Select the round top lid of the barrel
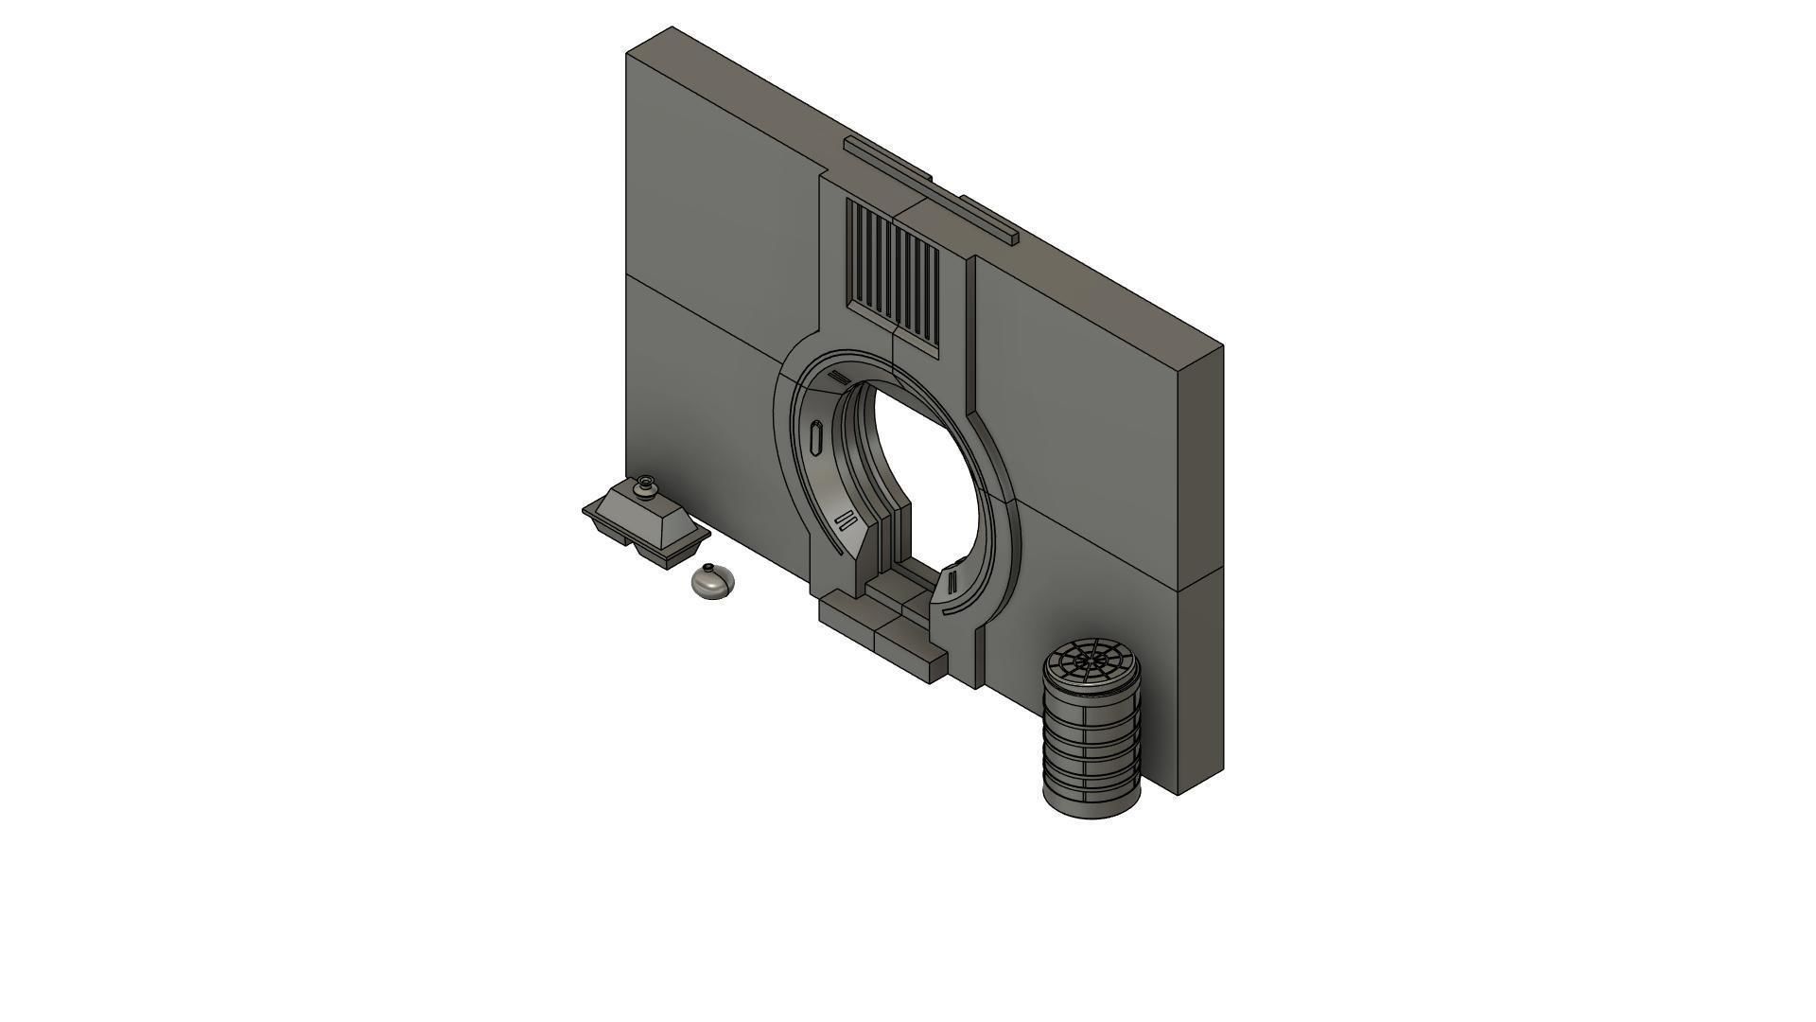[x=1091, y=660]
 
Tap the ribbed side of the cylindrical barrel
[x=1090, y=748]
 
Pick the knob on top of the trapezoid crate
[x=646, y=485]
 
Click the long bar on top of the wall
[x=932, y=189]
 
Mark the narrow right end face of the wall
[x=1201, y=568]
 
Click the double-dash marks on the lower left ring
[x=845, y=521]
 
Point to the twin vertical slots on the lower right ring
[x=953, y=579]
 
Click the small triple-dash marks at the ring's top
[x=838, y=379]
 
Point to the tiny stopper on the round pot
[x=707, y=568]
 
